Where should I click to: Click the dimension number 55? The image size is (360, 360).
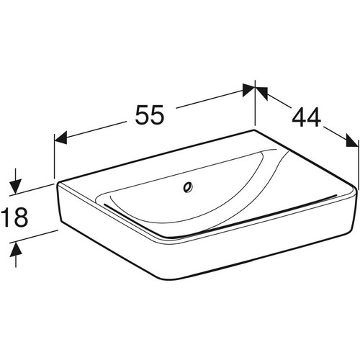coord(150,114)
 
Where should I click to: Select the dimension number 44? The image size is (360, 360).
coord(307,117)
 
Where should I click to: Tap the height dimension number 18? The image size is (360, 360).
coord(14,217)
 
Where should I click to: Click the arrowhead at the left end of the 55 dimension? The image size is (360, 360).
coord(60,138)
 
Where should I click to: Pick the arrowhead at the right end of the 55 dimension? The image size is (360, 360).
coord(248,90)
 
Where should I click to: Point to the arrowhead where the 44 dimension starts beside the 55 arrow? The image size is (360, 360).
coord(261,93)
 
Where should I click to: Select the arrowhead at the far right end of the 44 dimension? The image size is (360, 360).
coord(352,140)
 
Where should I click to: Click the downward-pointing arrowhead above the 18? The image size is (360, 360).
coord(16,186)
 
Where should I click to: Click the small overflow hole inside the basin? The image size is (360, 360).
coord(187,187)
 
